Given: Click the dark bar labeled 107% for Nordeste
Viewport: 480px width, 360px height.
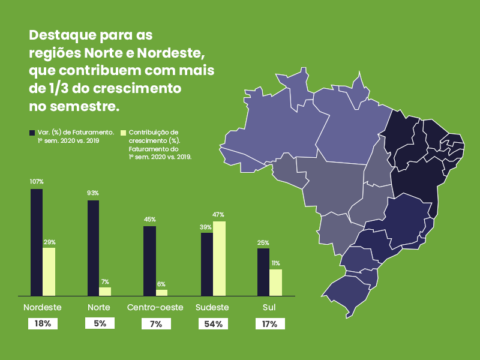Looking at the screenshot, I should coord(37,242).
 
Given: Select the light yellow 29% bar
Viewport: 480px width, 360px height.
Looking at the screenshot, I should coord(49,271).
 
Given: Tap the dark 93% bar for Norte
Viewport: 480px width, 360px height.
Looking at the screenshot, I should coord(94,247).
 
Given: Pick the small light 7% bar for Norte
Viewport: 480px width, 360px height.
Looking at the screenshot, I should coord(105,291).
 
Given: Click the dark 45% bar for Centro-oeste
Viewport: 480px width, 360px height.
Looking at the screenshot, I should coord(149,260).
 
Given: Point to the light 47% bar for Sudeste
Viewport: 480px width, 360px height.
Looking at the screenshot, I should coord(219,258).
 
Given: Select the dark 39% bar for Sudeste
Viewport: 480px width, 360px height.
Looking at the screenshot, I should coord(207,264).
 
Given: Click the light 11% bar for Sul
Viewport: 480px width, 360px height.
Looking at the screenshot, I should coord(275,282).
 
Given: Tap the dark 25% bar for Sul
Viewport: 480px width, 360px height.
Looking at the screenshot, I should coord(263,272).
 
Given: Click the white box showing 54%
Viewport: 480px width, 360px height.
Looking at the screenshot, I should coord(214,323).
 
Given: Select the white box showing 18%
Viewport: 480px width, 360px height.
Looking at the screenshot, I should coord(43,323).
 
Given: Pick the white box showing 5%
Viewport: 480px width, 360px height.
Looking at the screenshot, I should coord(100,323).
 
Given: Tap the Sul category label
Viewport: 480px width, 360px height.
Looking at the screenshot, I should coord(269,307).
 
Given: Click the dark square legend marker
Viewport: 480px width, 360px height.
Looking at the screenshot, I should coord(32,131).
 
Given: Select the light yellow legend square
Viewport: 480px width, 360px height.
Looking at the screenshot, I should coord(123,131).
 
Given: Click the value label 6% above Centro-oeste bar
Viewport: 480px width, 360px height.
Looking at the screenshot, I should coord(161,284).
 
